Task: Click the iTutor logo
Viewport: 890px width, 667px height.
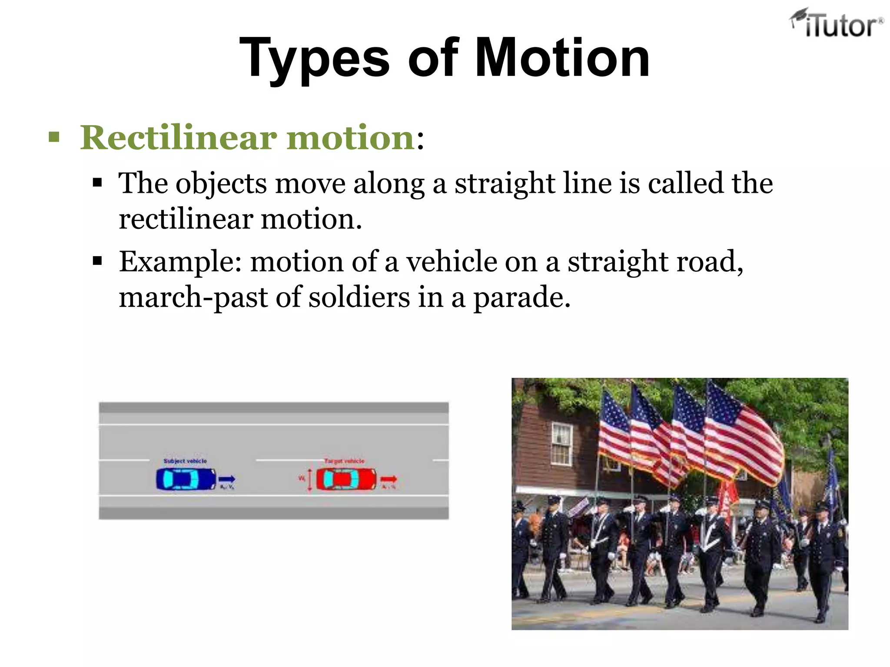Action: tap(836, 24)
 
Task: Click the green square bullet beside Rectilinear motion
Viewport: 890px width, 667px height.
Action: tap(54, 138)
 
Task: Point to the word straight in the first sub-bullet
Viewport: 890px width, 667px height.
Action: tap(505, 184)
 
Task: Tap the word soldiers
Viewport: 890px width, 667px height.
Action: tap(359, 298)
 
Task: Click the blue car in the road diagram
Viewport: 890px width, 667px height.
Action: tap(186, 479)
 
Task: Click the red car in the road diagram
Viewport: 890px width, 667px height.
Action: tap(346, 479)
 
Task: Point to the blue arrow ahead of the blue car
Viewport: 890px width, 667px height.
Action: tap(226, 479)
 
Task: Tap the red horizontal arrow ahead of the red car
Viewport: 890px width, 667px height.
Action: tap(389, 479)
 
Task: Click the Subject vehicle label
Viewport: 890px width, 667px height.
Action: tap(185, 461)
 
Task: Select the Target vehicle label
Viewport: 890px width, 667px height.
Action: tap(344, 461)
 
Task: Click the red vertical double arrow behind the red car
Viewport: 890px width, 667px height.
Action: tap(309, 480)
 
